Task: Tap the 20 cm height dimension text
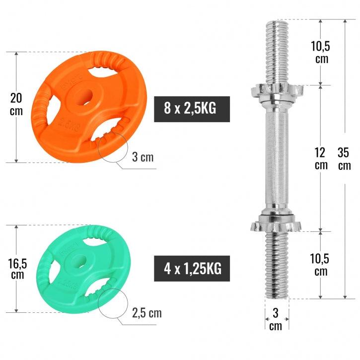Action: click(16, 103)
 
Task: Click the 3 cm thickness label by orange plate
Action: click(143, 157)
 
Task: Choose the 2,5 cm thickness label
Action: click(146, 313)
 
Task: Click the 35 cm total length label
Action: click(344, 158)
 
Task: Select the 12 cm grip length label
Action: click(321, 158)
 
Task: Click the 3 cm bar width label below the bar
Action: click(276, 319)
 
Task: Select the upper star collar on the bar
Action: click(272, 91)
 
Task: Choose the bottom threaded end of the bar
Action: click(277, 266)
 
